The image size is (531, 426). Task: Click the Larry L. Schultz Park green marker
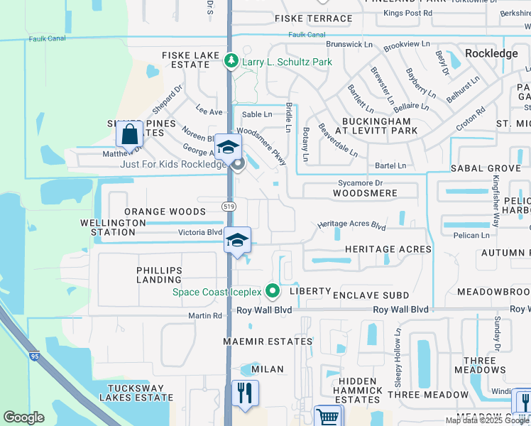pos(231,62)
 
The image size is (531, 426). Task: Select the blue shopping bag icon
pos(129,133)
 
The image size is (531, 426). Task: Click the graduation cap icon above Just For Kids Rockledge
pos(228,147)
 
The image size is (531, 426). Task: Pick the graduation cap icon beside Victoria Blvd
pos(237,241)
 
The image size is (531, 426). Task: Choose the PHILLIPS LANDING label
pos(160,275)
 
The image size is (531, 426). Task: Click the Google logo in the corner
pos(23,417)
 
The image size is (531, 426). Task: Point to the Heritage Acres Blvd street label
pos(351,225)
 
